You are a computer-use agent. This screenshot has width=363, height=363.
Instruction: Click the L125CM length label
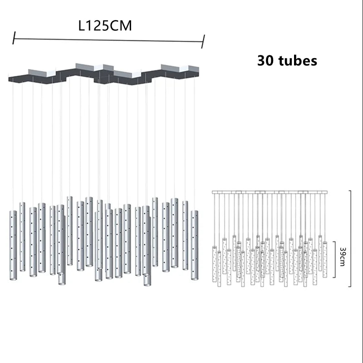pos(105,25)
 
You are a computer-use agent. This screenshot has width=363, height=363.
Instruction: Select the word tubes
pos(298,61)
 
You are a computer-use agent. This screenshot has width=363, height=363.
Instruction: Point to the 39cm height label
pos(343,257)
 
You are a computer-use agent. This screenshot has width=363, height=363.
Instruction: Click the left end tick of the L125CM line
pos(14,38)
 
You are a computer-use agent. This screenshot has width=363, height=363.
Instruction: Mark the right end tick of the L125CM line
pos(203,42)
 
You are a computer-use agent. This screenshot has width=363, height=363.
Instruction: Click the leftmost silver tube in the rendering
pos(13,245)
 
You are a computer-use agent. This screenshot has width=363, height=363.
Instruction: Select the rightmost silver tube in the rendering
pos(195,245)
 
